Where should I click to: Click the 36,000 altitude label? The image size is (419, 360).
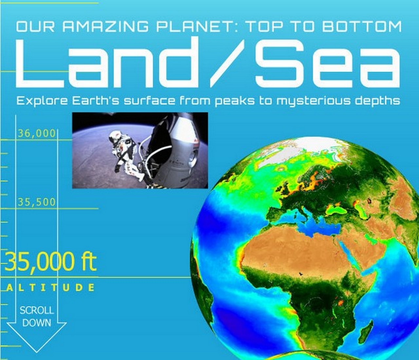pyautogui.click(x=37, y=133)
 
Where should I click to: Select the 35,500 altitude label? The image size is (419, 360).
pyautogui.click(x=37, y=202)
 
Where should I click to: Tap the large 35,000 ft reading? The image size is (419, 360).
pyautogui.click(x=50, y=262)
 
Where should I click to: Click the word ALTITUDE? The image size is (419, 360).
pyautogui.click(x=51, y=287)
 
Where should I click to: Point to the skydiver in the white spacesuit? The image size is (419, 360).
pyautogui.click(x=124, y=151)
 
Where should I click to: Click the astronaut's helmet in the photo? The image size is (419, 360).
pyautogui.click(x=115, y=136)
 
